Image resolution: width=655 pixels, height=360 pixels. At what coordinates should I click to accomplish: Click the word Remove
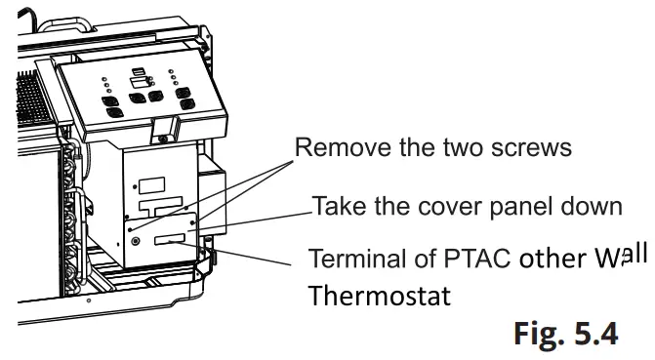click(332, 149)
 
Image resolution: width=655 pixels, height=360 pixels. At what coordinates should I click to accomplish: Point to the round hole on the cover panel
click(135, 240)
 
